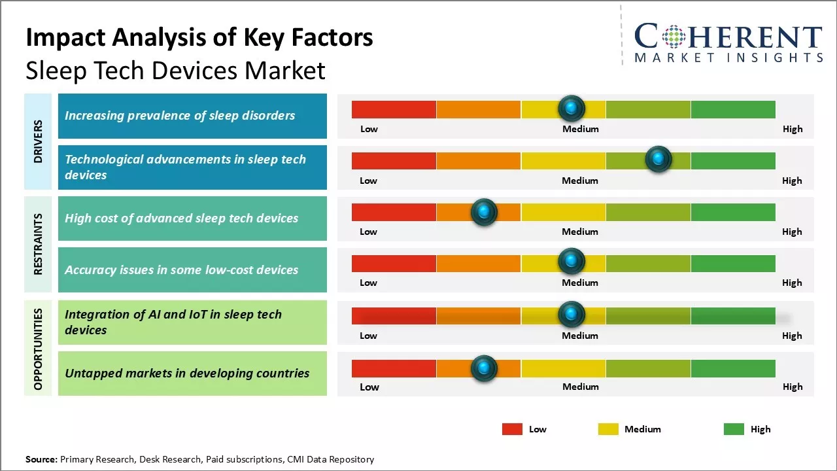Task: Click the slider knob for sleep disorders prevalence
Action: [572, 108]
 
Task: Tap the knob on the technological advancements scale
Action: [658, 159]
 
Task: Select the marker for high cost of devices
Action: [484, 211]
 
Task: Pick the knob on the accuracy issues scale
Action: [572, 262]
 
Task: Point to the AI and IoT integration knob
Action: [572, 315]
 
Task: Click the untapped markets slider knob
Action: [484, 368]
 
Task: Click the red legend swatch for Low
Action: [512, 429]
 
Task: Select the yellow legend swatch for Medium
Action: [608, 429]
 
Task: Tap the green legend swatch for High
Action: [734, 429]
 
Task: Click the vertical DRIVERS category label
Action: [38, 141]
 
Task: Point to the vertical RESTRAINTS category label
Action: [38, 244]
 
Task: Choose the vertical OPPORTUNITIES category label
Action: [38, 349]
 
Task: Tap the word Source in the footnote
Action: [41, 459]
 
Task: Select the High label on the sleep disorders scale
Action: [793, 129]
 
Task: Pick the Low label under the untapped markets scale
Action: [369, 387]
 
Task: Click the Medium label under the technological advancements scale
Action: [580, 181]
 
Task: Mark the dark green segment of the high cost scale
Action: [733, 212]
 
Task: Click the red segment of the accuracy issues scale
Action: [394, 263]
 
